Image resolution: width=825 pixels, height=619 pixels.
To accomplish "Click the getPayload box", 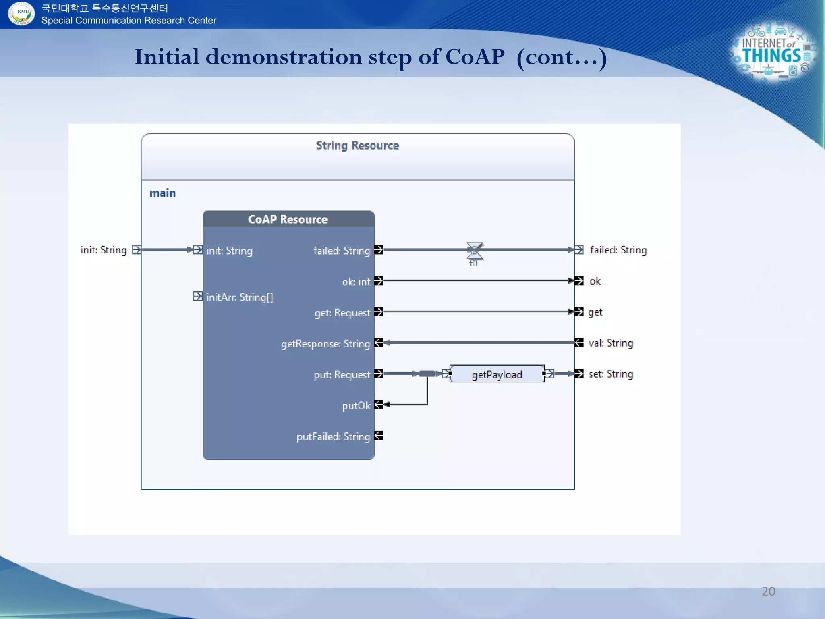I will (497, 374).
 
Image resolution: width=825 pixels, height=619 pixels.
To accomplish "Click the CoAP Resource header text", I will (288, 219).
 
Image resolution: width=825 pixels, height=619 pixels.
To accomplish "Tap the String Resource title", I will (357, 145).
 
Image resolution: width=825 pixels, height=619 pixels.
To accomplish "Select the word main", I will (163, 193).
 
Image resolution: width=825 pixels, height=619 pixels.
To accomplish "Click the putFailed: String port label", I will (333, 436).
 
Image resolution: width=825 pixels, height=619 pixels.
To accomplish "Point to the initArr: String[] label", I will (239, 297).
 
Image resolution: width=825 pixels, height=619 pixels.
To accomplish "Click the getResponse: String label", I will (325, 344).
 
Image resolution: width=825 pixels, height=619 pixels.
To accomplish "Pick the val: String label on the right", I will (610, 343).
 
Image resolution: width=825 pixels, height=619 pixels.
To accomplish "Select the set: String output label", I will (610, 374).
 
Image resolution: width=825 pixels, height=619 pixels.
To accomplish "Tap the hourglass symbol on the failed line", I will (475, 251).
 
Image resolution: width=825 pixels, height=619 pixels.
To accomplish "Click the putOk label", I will (356, 405).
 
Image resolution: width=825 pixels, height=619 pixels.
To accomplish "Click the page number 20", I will (768, 591).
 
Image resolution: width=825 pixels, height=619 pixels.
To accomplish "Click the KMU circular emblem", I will (22, 13).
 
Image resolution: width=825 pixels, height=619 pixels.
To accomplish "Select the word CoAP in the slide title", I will (475, 57).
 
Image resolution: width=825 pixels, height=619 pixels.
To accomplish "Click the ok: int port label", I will (356, 282).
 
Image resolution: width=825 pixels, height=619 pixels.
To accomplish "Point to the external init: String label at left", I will (104, 250).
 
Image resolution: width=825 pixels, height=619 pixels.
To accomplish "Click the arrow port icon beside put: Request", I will (378, 374).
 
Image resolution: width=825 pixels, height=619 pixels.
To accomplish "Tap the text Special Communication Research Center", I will (129, 21).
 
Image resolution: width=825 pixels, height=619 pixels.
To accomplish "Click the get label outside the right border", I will (595, 312).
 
